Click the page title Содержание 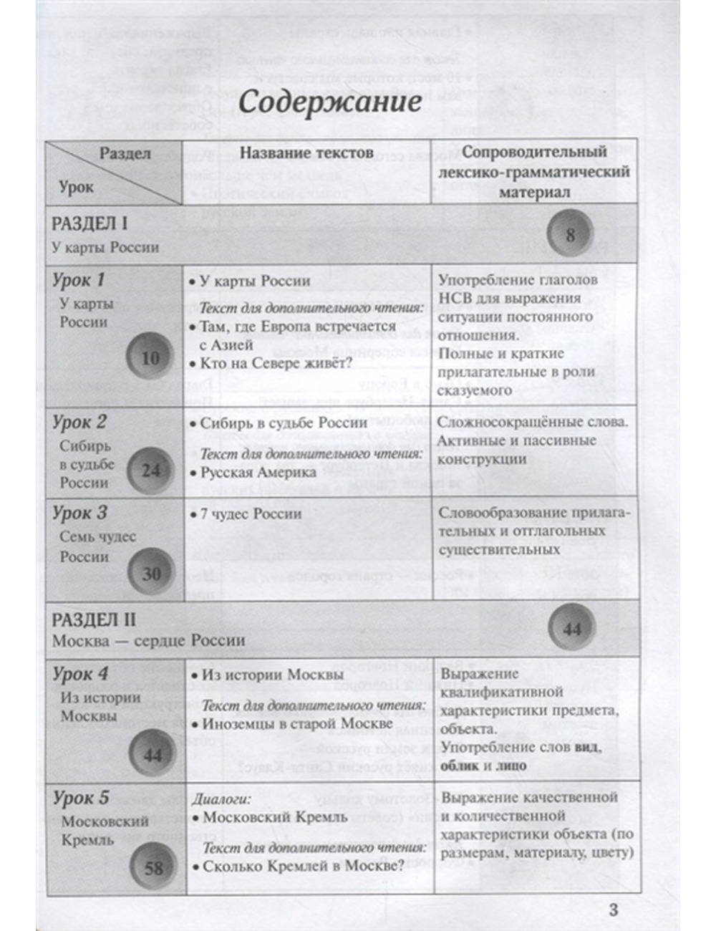329,102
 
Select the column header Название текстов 306,153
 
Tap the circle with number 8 571,235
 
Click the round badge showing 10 150,357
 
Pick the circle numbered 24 151,471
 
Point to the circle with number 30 151,574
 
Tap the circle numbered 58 154,869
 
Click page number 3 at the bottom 613,910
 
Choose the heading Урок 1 79,280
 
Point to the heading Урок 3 79,513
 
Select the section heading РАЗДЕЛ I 89,224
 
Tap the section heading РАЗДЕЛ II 93,619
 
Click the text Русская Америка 258,473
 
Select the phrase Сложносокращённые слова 532,422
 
